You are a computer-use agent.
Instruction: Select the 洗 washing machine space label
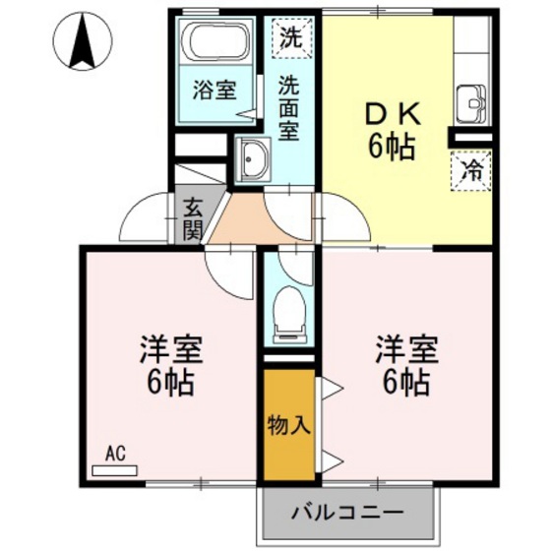tap(289, 39)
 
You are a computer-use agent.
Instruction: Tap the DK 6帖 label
tap(392, 130)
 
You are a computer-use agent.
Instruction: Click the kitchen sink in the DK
tap(470, 101)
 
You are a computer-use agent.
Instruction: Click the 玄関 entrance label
tap(192, 220)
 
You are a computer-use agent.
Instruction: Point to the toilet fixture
tap(289, 308)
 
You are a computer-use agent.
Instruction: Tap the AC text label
tap(116, 454)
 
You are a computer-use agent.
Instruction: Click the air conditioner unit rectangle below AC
tap(115, 469)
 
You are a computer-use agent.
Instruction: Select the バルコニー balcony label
tap(349, 514)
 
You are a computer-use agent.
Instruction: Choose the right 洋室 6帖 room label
tap(404, 364)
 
